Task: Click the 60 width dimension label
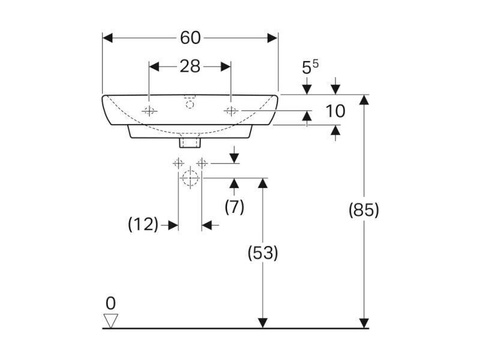click(190, 38)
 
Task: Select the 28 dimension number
click(190, 66)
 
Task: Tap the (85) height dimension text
click(364, 211)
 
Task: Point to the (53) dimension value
click(263, 253)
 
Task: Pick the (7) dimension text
click(234, 206)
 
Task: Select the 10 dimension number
click(335, 111)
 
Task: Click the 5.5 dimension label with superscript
click(310, 67)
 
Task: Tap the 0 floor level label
click(110, 304)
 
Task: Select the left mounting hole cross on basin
click(149, 110)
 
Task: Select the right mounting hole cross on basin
click(231, 110)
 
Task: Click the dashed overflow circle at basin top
click(190, 104)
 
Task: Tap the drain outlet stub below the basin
click(190, 143)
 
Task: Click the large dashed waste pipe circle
click(190, 178)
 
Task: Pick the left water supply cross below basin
click(178, 163)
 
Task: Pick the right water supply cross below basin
click(202, 163)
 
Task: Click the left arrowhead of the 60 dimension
click(107, 38)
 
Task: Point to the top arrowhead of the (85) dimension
click(364, 100)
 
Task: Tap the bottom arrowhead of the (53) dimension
click(263, 323)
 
